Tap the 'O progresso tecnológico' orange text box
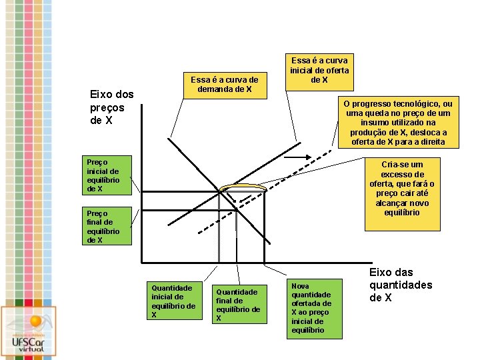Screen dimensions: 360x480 click(x=398, y=123)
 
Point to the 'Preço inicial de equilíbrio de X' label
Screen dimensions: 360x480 click(x=105, y=175)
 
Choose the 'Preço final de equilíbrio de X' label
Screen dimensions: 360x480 click(x=105, y=227)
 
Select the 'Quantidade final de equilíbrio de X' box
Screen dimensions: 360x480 click(x=237, y=305)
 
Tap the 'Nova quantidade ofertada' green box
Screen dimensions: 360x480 click(x=312, y=307)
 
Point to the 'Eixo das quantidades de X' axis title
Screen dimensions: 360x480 click(x=400, y=285)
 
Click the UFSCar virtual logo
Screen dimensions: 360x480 click(x=29, y=331)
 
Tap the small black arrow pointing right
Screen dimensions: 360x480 click(x=317, y=157)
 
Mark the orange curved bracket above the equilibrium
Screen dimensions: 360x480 click(x=243, y=187)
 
